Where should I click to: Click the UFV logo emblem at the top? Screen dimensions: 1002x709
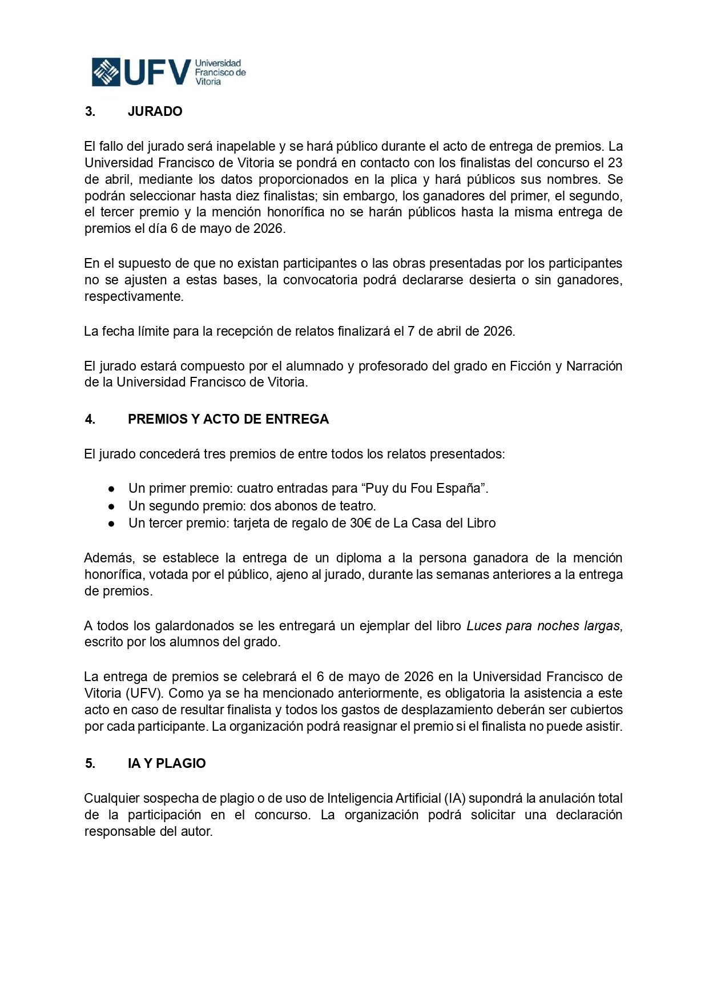[106, 72]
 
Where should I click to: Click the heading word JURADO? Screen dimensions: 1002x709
[155, 111]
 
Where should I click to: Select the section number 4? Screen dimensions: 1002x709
[90, 419]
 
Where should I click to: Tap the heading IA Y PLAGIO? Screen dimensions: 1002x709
[167, 763]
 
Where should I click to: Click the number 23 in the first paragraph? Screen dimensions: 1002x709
[615, 163]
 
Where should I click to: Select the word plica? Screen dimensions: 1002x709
[404, 179]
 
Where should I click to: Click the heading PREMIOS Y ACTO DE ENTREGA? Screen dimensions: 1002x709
[228, 419]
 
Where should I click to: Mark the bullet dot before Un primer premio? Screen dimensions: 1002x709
[112, 489]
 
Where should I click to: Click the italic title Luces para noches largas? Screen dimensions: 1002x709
[543, 626]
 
